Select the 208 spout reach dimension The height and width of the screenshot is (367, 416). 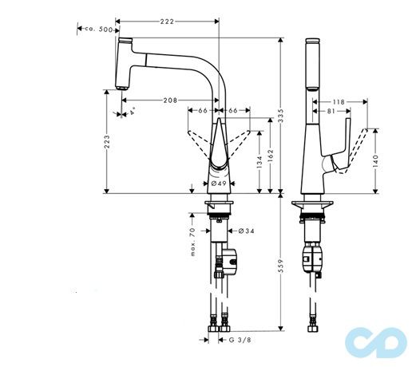169,101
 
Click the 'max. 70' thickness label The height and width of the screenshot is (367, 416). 192,241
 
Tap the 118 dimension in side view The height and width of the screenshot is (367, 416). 338,101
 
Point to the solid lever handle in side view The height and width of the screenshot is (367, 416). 344,144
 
